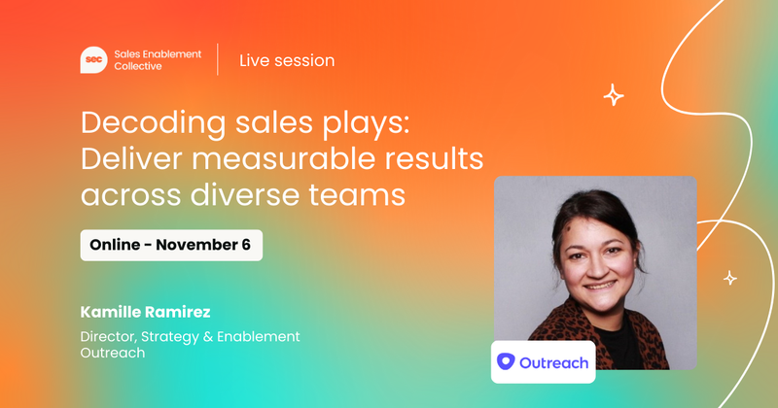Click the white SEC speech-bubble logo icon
tap(93, 60)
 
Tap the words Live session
tap(287, 60)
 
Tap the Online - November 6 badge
tap(170, 245)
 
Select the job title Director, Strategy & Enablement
tap(190, 336)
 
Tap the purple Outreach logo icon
tap(506, 361)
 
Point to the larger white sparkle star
tap(613, 95)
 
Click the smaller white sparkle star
tap(729, 279)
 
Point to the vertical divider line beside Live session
tap(218, 60)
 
